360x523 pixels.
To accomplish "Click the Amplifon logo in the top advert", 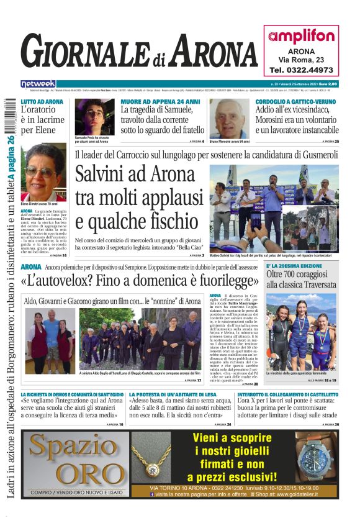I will click(x=301, y=36).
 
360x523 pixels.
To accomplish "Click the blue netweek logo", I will click(x=38, y=83).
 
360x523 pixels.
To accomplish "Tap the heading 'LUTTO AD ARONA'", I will click(x=42, y=101).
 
